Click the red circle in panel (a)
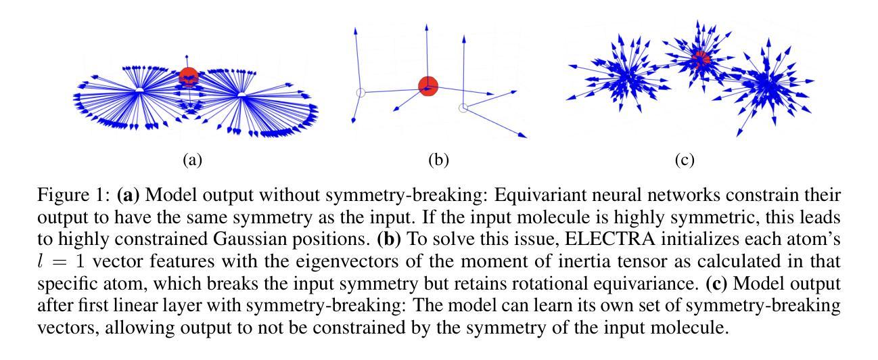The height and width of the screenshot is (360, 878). point(189,77)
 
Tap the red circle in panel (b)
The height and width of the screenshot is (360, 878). point(428,86)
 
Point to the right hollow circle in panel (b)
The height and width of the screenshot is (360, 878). point(463,108)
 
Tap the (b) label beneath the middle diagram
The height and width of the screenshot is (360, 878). point(439,161)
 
